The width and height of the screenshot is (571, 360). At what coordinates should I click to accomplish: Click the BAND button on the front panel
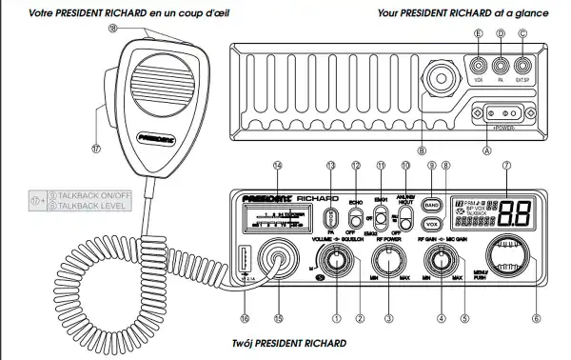[431, 204]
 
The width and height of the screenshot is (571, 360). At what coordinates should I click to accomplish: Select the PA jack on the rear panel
[500, 67]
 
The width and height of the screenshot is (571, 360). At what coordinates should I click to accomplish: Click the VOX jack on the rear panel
[478, 67]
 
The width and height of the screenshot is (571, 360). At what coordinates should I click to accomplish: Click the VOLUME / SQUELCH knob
[334, 256]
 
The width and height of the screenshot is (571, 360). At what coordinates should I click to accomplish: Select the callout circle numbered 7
[506, 165]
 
